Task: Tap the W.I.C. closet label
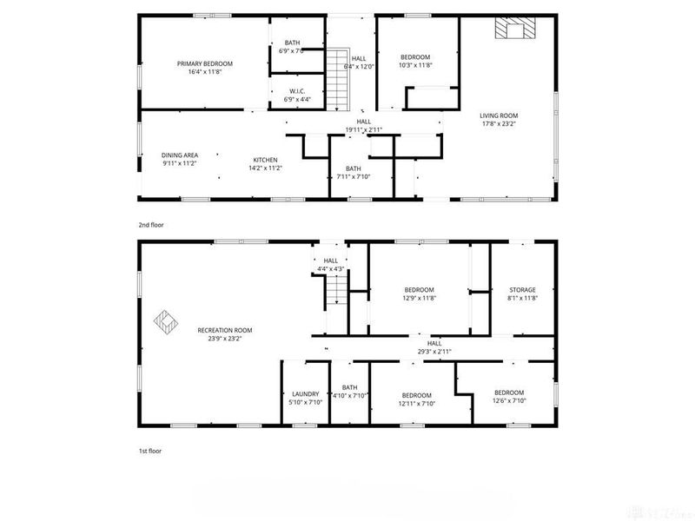coord(297,93)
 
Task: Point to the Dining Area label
coord(180,155)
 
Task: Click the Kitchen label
coord(265,160)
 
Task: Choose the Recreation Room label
coord(225,330)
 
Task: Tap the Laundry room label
coord(305,393)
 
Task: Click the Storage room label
coord(522,290)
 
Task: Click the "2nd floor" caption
coord(150,224)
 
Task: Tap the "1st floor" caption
coord(149,451)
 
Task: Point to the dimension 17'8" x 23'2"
coord(499,124)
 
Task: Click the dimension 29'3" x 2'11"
coord(434,352)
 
